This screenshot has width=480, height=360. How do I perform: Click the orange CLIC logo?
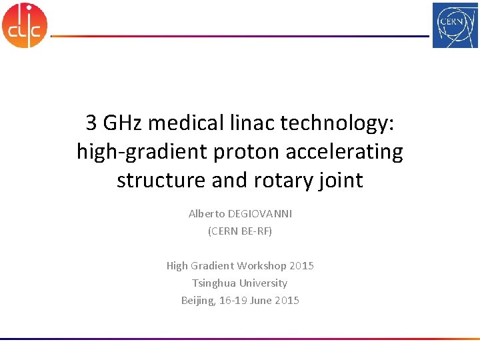(25, 25)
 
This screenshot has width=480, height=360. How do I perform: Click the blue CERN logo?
(455, 25)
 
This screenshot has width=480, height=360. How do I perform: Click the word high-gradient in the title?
(142, 152)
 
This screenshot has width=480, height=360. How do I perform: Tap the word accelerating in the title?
(344, 152)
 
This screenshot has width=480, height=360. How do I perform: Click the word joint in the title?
(341, 181)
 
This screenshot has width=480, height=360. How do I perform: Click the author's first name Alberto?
(207, 214)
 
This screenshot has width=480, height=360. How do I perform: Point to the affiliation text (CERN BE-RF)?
(240, 231)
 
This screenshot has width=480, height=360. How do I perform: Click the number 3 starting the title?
(91, 123)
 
